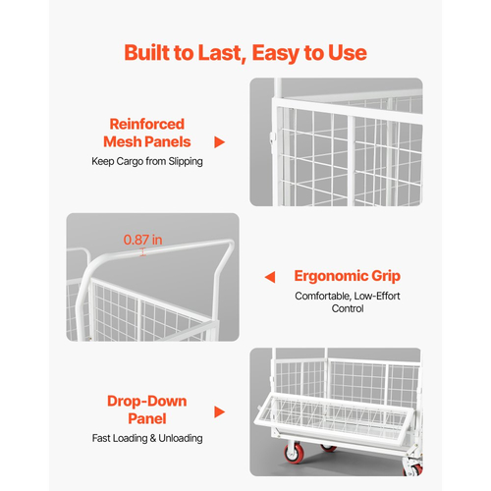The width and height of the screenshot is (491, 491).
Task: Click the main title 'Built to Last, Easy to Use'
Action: pyautogui.click(x=245, y=53)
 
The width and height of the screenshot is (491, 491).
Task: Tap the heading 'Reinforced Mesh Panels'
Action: pyautogui.click(x=147, y=133)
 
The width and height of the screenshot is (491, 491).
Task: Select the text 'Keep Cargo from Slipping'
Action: pyautogui.click(x=147, y=161)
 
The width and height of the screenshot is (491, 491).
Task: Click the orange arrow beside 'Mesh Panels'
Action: pyautogui.click(x=220, y=142)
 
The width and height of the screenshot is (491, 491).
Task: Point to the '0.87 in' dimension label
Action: pyautogui.click(x=142, y=240)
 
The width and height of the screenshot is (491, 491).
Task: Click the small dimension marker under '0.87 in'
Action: pyautogui.click(x=142, y=252)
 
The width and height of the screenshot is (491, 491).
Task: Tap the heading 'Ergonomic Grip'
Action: pyautogui.click(x=348, y=276)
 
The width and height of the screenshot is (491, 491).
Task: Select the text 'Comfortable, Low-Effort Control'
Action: pyautogui.click(x=348, y=302)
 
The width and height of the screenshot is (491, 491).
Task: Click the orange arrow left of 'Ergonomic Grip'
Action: pyautogui.click(x=270, y=277)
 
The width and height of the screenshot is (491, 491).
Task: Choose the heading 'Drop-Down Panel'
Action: pyautogui.click(x=147, y=409)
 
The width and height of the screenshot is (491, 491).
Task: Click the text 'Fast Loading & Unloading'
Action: pyautogui.click(x=147, y=438)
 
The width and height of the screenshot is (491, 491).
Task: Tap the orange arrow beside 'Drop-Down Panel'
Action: pyautogui.click(x=220, y=411)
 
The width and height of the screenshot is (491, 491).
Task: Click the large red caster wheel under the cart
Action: pyautogui.click(x=294, y=453)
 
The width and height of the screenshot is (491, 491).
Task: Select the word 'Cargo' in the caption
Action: pyautogui.click(x=130, y=162)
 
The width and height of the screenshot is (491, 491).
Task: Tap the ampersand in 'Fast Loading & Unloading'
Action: pyautogui.click(x=153, y=438)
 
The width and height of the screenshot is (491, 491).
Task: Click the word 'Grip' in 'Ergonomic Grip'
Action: pyautogui.click(x=386, y=277)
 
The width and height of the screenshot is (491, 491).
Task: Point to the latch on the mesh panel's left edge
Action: pyautogui.click(x=272, y=138)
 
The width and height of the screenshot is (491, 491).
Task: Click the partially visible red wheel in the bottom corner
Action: pyautogui.click(x=414, y=469)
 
